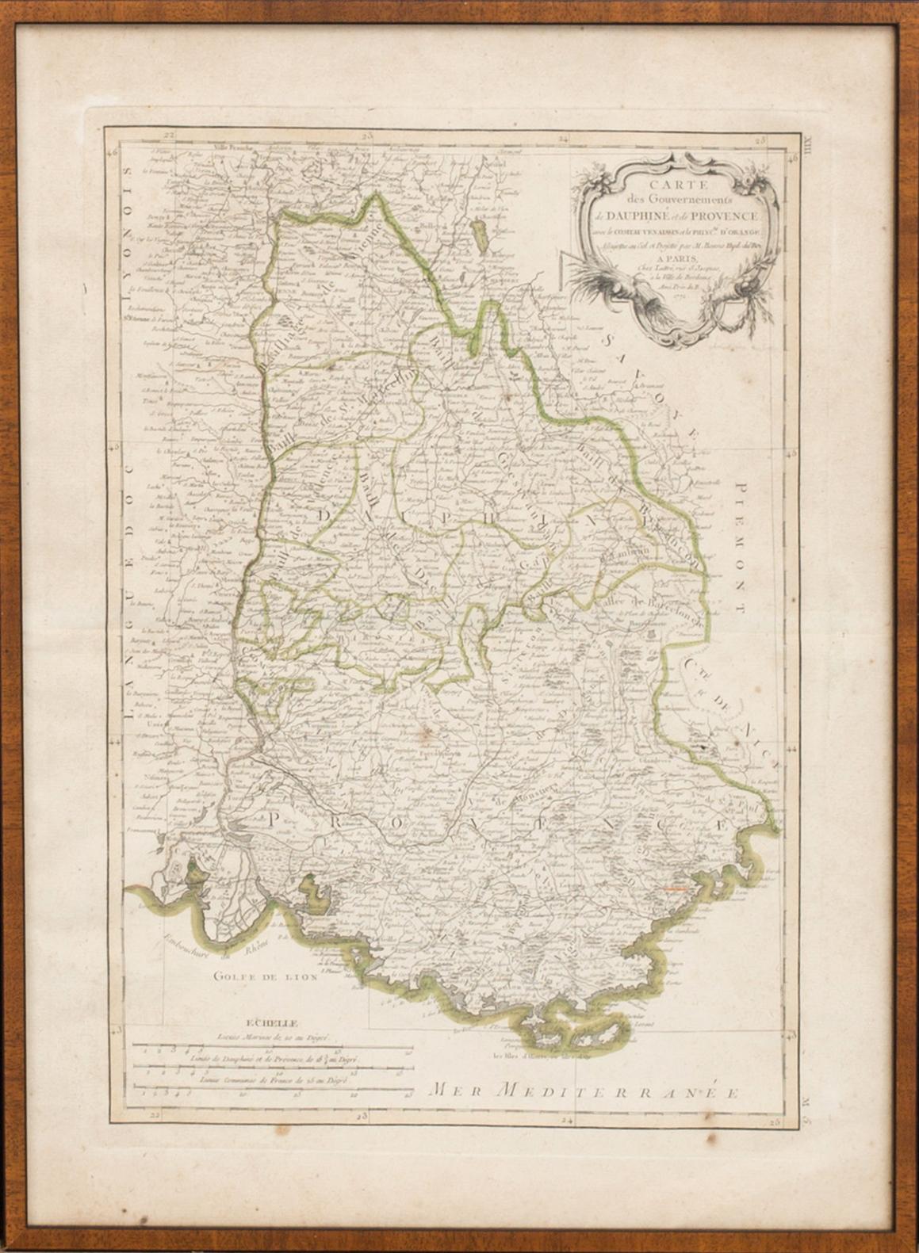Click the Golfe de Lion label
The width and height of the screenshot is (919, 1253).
[x=265, y=977]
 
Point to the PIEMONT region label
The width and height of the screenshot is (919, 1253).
[x=742, y=547]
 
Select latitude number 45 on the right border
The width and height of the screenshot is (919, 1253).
[x=790, y=452]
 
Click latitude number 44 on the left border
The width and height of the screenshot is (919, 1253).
[x=115, y=739]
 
